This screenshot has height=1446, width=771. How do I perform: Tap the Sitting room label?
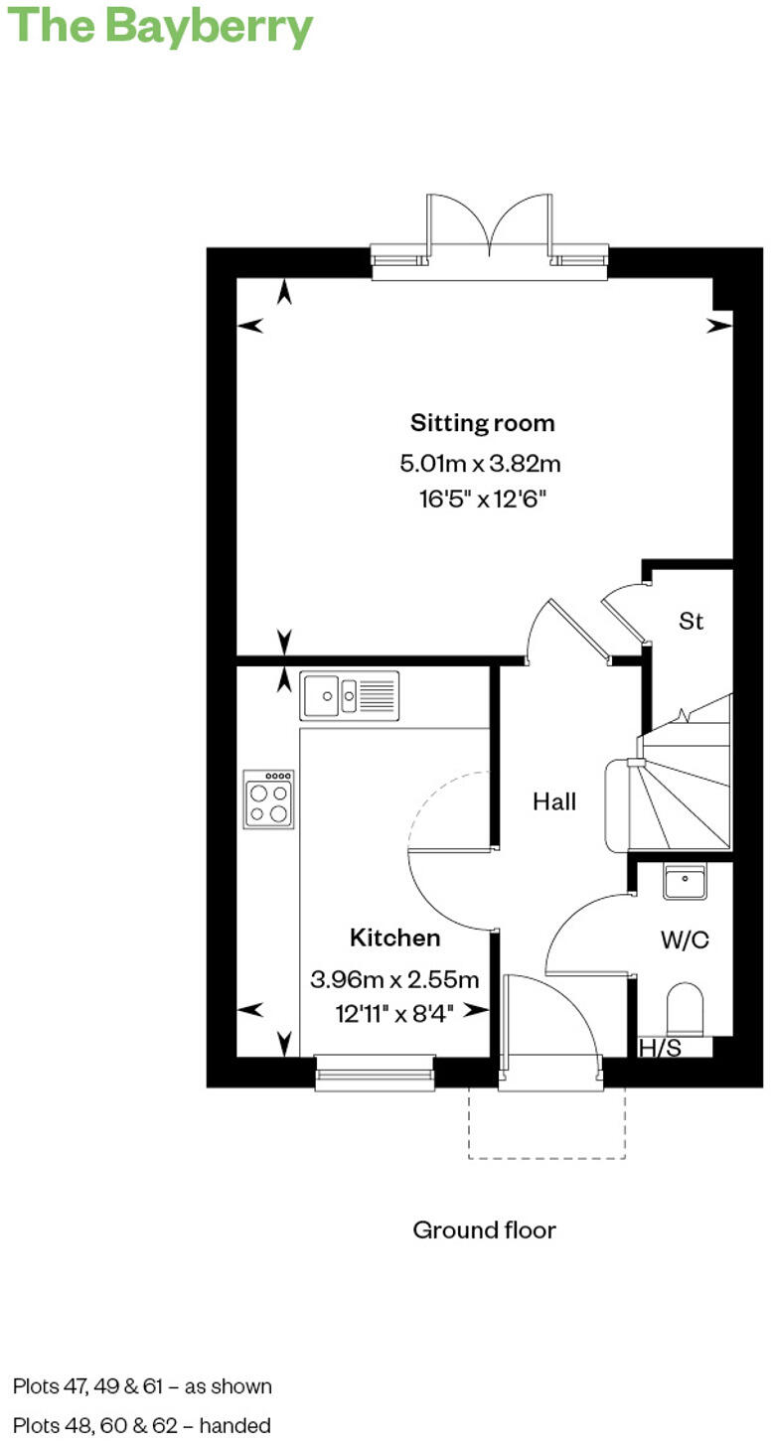click(x=483, y=423)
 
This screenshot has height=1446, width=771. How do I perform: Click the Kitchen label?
click(x=394, y=938)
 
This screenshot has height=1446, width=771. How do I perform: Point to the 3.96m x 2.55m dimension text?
click(x=394, y=979)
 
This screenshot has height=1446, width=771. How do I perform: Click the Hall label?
click(x=554, y=801)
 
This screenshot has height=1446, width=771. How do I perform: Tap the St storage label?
click(x=692, y=622)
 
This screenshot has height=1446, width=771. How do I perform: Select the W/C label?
click(x=685, y=940)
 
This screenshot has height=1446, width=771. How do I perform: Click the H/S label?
click(x=660, y=1048)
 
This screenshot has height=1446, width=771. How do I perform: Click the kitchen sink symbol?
click(x=350, y=695)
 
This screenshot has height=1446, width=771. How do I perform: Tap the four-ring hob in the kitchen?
click(x=269, y=798)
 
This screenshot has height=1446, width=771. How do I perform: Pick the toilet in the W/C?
click(x=686, y=1009)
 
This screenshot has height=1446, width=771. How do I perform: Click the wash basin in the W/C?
click(x=685, y=882)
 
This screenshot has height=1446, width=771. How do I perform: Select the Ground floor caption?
click(x=484, y=1230)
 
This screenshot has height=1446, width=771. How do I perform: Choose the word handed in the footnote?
click(x=235, y=1426)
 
